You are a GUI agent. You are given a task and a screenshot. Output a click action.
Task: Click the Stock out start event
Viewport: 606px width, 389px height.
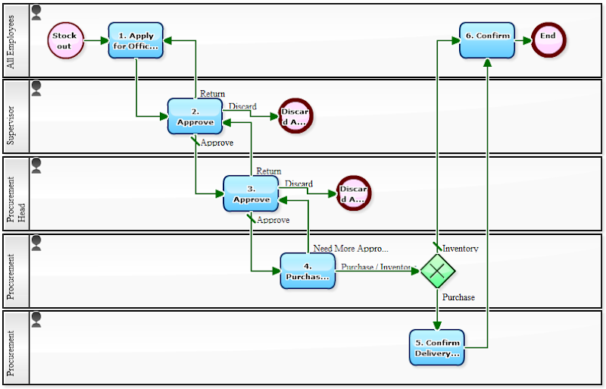pos(65,40)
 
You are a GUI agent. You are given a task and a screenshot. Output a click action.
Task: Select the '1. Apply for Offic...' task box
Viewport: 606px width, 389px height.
pos(136,40)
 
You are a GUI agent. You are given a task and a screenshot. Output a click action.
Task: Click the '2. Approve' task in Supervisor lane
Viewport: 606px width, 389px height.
pos(195,116)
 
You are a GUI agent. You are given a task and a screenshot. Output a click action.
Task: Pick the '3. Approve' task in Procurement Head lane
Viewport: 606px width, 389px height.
pos(251,193)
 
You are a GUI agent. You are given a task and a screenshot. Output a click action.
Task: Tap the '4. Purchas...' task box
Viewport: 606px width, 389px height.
pos(308,271)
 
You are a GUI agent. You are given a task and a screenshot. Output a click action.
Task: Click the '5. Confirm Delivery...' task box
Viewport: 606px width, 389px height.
pos(436,347)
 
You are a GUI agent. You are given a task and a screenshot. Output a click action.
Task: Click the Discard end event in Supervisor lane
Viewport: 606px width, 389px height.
pos(295,116)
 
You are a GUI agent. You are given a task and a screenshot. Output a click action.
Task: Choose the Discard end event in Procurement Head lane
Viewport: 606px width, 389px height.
pos(353,193)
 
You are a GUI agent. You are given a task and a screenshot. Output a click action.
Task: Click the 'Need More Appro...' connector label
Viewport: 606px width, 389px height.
pos(351,248)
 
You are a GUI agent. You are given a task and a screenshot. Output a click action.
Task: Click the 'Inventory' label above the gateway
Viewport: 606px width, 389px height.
pos(460,248)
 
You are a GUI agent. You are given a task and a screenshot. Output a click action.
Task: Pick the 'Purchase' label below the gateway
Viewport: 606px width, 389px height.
pos(458,297)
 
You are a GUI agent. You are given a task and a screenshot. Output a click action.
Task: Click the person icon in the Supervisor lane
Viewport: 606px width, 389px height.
pos(36,88)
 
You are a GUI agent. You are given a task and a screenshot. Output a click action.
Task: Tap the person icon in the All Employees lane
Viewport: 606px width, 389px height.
pos(36,11)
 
